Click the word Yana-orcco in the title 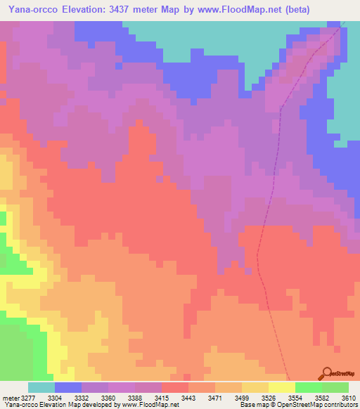tap(34, 10)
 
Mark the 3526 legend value tap(258, 398)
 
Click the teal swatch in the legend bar tap(41, 387)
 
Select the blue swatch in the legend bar tap(68, 387)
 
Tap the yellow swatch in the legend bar tap(282, 387)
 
